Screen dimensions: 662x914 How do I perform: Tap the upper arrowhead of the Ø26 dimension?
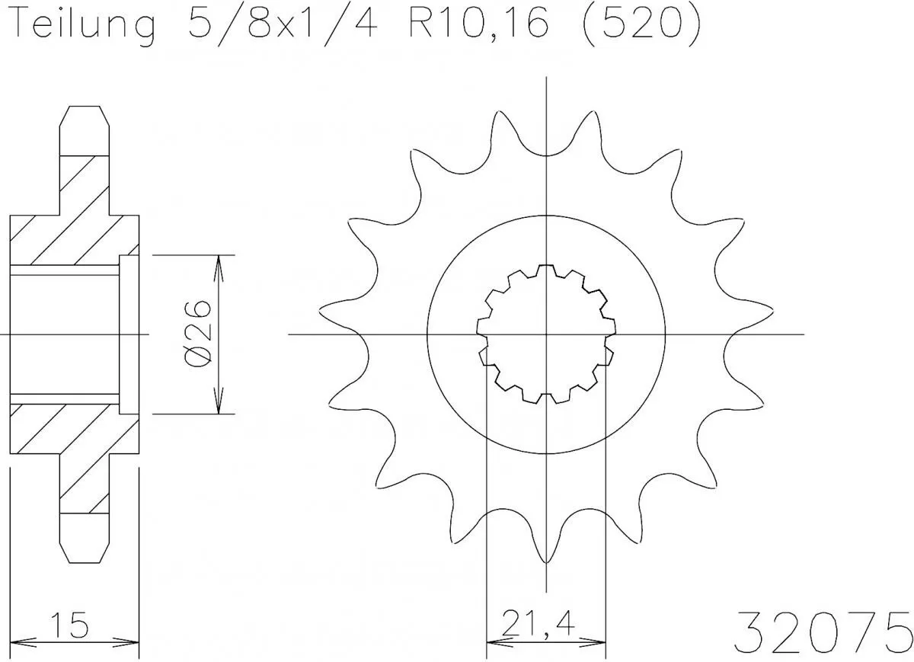tap(219, 264)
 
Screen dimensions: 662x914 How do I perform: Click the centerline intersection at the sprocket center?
tap(546, 334)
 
